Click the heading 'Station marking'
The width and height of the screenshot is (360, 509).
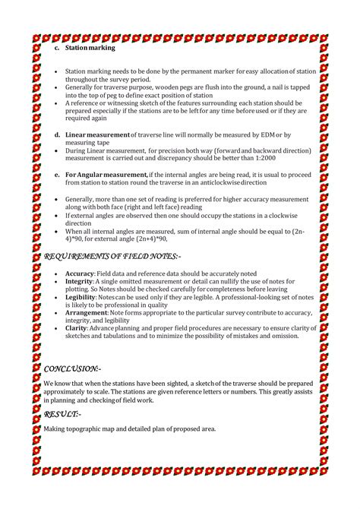coord(90,48)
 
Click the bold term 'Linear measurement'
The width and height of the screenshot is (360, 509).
coord(98,134)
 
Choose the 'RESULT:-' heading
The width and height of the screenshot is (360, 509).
coord(62,414)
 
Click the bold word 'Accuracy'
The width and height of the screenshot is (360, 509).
coord(79,272)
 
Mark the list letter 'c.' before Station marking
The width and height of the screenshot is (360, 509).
coord(56,48)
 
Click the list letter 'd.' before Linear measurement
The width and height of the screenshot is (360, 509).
coord(56,134)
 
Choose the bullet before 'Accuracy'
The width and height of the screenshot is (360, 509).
coord(57,272)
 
